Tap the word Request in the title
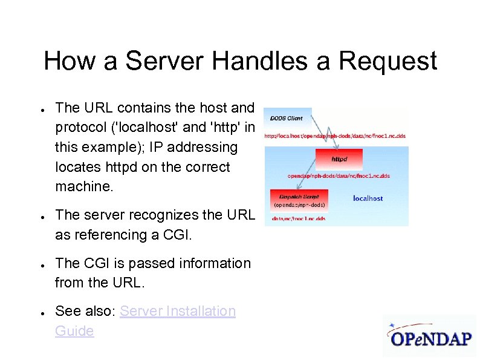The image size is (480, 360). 388,62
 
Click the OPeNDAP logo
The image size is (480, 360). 430,336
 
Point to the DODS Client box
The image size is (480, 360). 287,118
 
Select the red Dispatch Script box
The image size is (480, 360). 299,197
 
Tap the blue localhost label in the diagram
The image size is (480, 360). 368,198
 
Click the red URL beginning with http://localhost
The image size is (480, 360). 335,136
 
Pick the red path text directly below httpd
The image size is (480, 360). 339,176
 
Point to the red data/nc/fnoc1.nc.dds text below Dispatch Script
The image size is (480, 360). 299,218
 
